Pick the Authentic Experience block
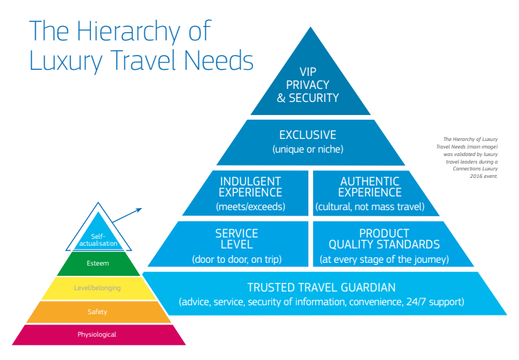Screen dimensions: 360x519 pyautogui.click(x=370, y=193)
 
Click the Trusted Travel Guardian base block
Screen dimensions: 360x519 pyautogui.click(x=321, y=294)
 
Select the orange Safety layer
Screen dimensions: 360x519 pyautogui.click(x=97, y=312)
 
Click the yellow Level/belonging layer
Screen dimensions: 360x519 pyautogui.click(x=97, y=288)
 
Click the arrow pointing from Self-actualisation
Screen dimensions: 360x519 pyautogui.click(x=128, y=217)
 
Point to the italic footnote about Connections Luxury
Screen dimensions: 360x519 pyautogui.click(x=466, y=157)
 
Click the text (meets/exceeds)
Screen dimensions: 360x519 pyautogui.click(x=250, y=206)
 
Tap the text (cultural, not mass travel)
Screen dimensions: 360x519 pyautogui.click(x=370, y=206)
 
